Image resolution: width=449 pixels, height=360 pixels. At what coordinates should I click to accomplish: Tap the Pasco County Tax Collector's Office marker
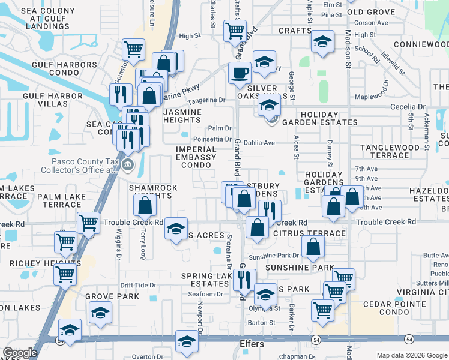tap(127, 165)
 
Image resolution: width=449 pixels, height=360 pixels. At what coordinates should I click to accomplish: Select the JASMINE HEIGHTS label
tap(190, 116)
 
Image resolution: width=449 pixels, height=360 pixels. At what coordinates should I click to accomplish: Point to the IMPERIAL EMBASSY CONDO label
tap(196, 157)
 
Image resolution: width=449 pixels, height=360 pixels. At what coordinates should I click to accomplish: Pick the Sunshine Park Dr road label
tap(273, 256)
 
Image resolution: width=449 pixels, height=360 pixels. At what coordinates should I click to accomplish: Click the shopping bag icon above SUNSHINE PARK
tap(313, 245)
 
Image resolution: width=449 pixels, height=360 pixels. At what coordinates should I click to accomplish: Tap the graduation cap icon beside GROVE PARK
tap(100, 311)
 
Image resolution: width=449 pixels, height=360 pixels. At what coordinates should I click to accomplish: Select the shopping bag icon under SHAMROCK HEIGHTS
tap(145, 206)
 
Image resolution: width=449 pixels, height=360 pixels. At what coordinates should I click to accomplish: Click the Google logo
tap(20, 353)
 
